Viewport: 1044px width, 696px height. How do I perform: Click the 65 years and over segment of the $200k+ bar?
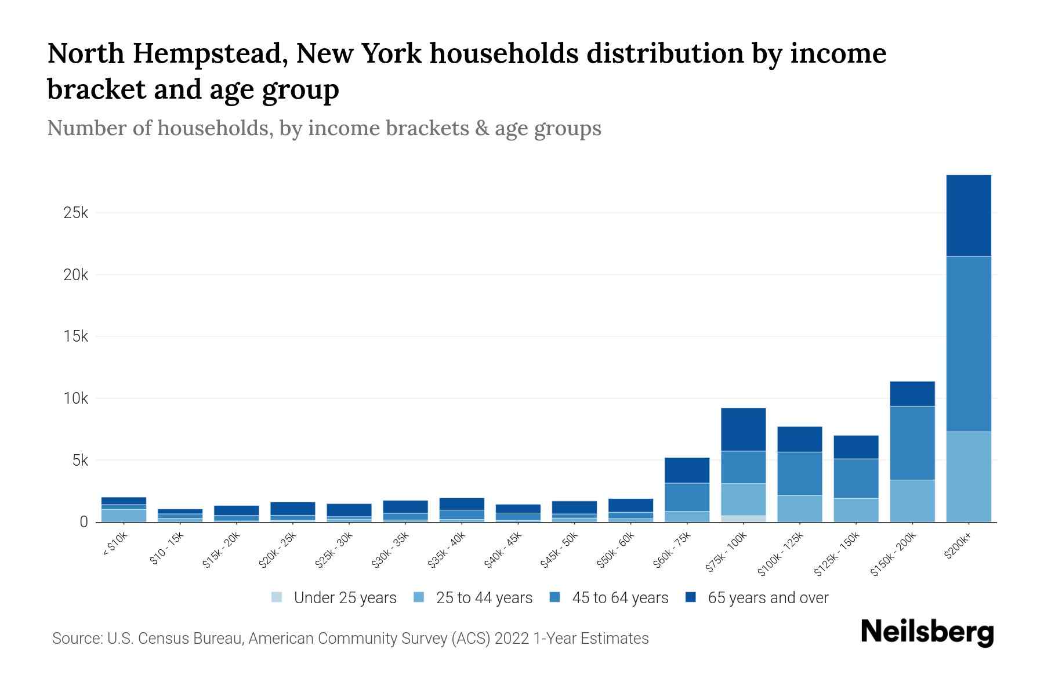coord(968,215)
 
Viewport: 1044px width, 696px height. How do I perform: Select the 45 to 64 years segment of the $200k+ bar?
coord(968,343)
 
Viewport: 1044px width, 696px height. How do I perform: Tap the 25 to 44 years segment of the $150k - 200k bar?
coord(912,501)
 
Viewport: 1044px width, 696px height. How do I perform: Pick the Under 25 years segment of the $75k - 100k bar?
coord(743,519)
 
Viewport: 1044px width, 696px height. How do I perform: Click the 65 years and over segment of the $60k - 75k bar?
coord(687,470)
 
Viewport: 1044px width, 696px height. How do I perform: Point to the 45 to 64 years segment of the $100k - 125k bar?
coord(799,473)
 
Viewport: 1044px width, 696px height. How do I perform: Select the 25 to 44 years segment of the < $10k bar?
coord(124,516)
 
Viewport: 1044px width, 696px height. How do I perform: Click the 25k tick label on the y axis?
coord(75,213)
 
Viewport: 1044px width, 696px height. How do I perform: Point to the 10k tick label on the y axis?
coord(75,398)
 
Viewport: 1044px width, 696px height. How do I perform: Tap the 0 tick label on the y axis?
coord(84,522)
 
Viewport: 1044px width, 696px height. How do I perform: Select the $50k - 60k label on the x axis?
coord(615,550)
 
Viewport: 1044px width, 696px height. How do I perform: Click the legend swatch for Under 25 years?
coord(277,597)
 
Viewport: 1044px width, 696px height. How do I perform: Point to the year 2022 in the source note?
coord(512,639)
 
